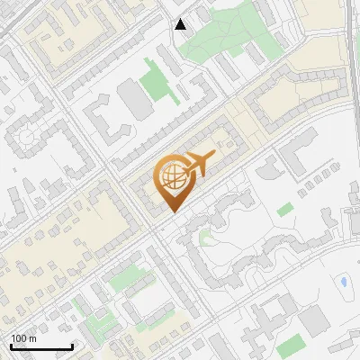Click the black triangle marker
[181, 24]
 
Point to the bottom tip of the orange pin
[172, 213]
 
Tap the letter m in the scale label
[33, 338]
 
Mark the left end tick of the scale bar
[11, 346]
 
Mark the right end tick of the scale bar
[72, 346]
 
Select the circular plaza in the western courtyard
[24, 137]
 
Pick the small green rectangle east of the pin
[285, 210]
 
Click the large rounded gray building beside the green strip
[136, 100]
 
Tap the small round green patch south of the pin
[204, 238]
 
